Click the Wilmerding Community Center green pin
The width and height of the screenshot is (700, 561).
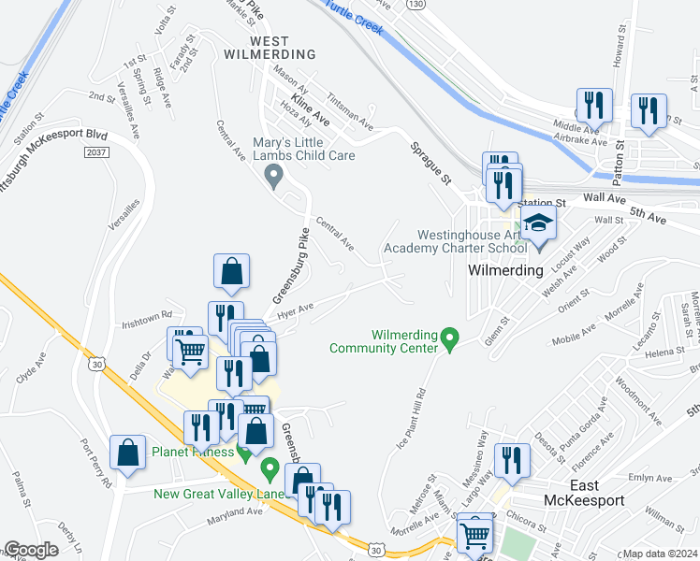[x=449, y=338]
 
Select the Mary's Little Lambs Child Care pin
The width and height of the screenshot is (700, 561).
[x=273, y=175]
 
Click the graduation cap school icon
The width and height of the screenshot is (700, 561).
[x=539, y=224]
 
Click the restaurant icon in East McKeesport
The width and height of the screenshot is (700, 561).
[x=511, y=461]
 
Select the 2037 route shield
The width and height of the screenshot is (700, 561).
[x=95, y=151]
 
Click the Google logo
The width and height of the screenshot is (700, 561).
[x=31, y=551]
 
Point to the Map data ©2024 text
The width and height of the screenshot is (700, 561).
[x=659, y=554]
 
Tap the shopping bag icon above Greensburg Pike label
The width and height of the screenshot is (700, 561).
[x=231, y=272]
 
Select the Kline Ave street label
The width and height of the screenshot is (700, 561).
[x=311, y=109]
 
